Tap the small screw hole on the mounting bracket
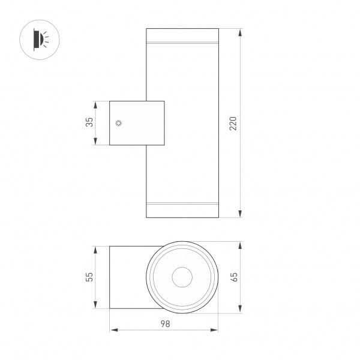(119, 123)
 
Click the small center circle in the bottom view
(182, 277)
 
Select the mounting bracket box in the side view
(136, 123)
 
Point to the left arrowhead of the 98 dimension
(113, 329)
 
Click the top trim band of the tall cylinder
(182, 43)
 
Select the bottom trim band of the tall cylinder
(182, 204)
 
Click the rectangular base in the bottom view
(126, 277)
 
